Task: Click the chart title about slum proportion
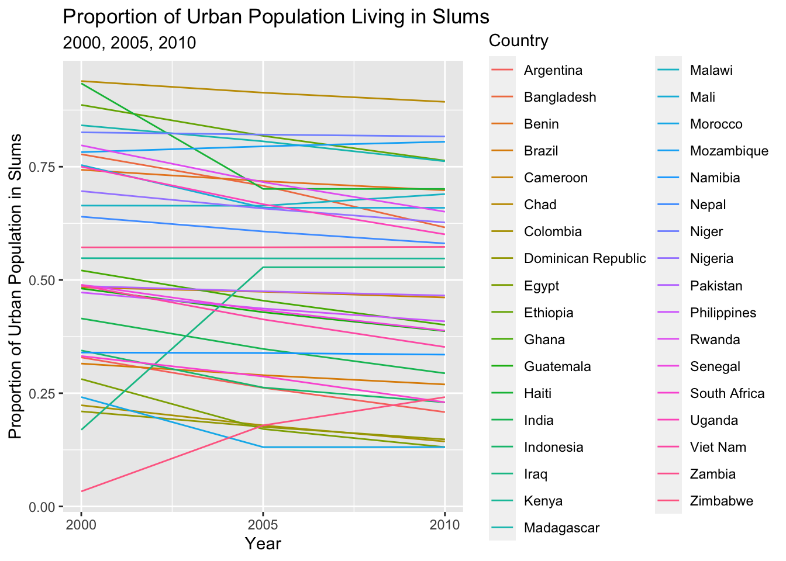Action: pos(275,16)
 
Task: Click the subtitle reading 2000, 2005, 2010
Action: pos(129,43)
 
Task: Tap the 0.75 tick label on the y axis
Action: pos(42,167)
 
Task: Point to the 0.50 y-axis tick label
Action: pos(42,280)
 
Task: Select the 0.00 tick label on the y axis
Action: pos(42,507)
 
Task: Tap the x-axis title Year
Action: pos(263,543)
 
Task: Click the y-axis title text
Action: pos(16,286)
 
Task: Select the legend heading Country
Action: pos(518,40)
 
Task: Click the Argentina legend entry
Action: pos(553,71)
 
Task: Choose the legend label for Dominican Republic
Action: pos(585,259)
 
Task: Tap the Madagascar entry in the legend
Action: pos(561,528)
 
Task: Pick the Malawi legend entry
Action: pos(711,71)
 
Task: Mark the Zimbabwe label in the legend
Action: pos(721,501)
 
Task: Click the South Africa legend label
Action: pos(727,394)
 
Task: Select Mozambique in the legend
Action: pos(729,151)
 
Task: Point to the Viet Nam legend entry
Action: pos(718,448)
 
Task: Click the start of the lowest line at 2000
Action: pos(81,491)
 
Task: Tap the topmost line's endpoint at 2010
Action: pos(445,102)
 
